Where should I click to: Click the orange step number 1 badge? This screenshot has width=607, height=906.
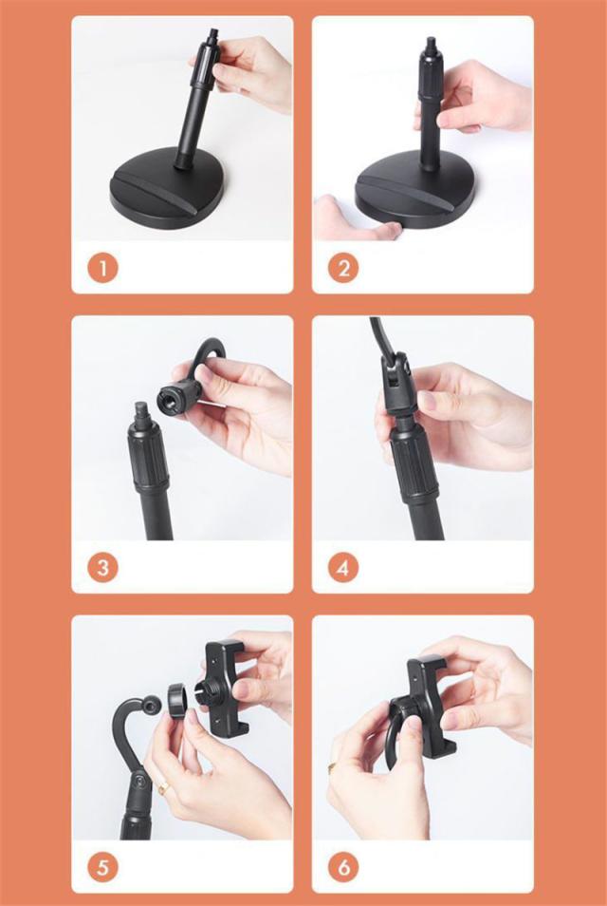pos(102,269)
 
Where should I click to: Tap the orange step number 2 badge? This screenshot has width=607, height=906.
pos(343,269)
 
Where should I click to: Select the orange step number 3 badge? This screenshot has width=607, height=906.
pos(102,568)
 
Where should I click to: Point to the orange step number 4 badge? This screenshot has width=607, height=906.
pos(343,568)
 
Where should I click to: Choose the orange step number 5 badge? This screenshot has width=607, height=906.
pos(102,867)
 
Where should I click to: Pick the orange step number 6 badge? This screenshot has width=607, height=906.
pos(343,867)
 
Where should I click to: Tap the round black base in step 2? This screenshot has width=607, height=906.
pos(416,194)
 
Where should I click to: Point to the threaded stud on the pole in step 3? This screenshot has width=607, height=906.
pos(141,410)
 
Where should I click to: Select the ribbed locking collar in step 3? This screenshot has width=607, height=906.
pos(148,458)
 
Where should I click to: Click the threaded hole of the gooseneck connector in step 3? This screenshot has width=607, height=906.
pos(167,396)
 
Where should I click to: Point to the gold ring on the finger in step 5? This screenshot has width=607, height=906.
pos(164,788)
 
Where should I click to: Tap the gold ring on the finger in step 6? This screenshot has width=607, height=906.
pos(333,767)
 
